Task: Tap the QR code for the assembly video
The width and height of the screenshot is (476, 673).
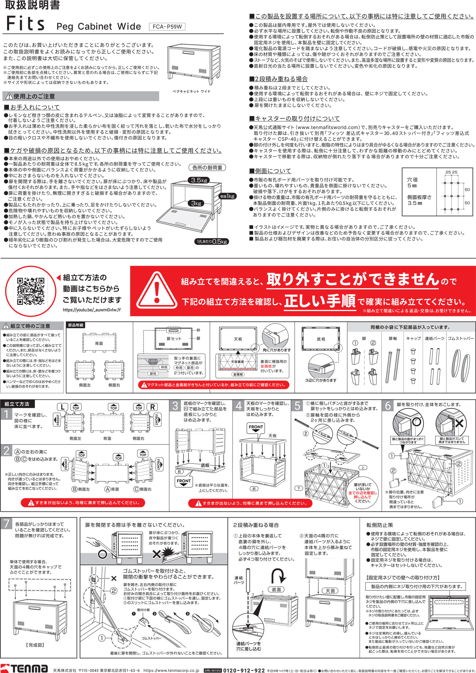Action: pos(30,291)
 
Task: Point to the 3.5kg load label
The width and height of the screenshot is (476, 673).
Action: pos(199,180)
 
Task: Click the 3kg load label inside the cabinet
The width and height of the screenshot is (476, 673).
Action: pos(196,203)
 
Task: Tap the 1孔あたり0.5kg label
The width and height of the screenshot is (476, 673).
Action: pos(212,241)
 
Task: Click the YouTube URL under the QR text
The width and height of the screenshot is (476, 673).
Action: pos(92,310)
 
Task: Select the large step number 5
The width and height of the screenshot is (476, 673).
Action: pos(297,406)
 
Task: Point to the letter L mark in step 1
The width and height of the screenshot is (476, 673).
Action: pos(62,407)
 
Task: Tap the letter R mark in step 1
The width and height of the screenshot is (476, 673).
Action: pos(152,407)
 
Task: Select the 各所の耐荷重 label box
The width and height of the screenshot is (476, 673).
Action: pos(207,168)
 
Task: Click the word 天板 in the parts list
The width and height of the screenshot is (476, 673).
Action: pos(238,339)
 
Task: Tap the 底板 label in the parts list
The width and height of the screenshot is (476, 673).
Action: pos(321,339)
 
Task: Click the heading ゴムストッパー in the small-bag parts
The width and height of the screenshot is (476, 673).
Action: pos(460,338)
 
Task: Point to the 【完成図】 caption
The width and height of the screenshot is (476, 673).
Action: pos(35,645)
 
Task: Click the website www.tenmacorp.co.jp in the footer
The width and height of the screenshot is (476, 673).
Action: pos(171,670)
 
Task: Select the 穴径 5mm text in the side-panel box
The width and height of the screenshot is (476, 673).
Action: pos(412,183)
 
